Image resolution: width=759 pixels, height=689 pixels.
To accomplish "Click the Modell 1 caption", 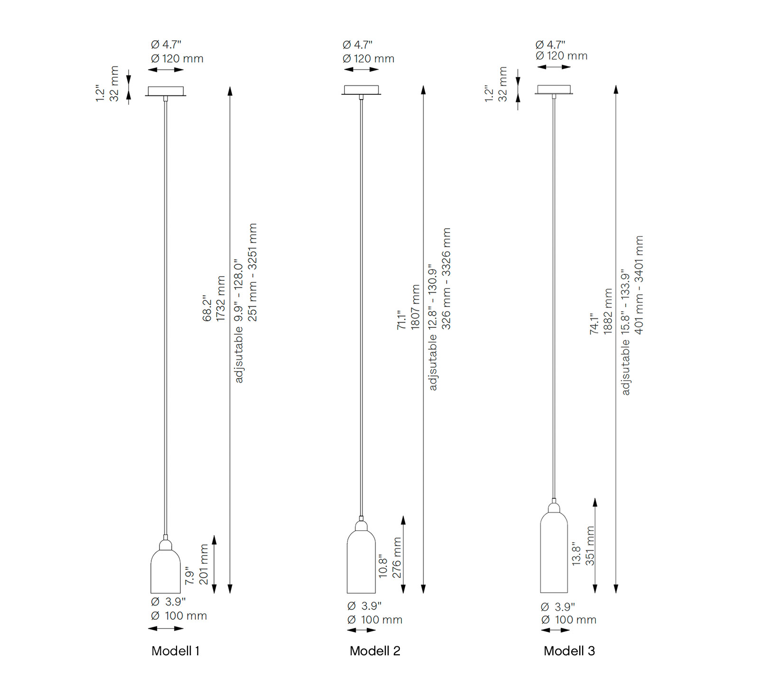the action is point(176,651).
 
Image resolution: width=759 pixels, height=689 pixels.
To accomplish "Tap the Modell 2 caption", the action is point(375,651).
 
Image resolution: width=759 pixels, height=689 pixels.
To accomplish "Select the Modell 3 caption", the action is point(569,651).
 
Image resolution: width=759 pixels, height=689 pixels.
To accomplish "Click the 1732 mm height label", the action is point(221,298).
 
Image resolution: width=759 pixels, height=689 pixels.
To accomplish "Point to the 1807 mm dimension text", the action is point(416,307).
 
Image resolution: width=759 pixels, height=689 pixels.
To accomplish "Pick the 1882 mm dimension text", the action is point(608,311).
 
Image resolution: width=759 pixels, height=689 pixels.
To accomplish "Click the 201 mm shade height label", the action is point(204,564).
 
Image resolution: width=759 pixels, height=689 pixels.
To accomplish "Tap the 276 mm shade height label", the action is point(397,558).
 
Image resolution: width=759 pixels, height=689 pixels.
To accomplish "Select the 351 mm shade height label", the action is point(590,545).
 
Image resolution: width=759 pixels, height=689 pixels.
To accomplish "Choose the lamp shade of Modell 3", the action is point(554,548).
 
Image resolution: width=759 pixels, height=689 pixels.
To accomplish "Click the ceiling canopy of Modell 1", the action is point(166,91).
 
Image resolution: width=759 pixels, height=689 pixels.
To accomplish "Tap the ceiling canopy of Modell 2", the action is point(361,90).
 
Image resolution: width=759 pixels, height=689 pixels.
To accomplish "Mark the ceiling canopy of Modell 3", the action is point(554,90).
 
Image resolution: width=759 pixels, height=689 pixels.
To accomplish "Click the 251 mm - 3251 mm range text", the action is point(252,272).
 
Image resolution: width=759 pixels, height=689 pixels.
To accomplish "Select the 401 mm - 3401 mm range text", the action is point(639,285).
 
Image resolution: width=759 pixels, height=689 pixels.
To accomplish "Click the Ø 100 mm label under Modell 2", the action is point(375,620).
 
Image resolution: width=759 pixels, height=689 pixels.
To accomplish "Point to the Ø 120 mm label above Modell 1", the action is point(177,59).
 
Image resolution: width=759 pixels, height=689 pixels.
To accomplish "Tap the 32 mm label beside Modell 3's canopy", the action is point(503,84).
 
